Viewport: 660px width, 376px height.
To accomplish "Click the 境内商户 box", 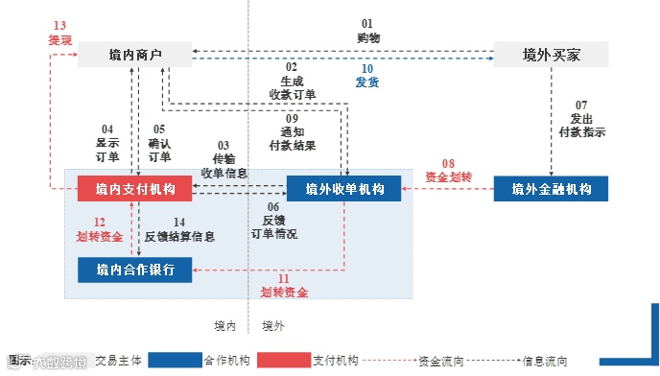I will pyautogui.click(x=134, y=54).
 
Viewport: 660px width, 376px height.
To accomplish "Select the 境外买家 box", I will pyautogui.click(x=551, y=54).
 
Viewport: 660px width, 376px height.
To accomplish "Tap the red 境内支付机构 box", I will pyautogui.click(x=134, y=189).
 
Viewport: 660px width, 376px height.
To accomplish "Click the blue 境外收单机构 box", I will pyautogui.click(x=343, y=189).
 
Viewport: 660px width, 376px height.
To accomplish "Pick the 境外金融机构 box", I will pyautogui.click(x=551, y=189).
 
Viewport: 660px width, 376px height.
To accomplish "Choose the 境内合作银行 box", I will pyautogui.click(x=134, y=270).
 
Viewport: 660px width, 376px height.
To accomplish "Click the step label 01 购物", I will pyautogui.click(x=366, y=30).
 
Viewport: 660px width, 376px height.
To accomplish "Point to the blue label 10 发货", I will pyautogui.click(x=366, y=75).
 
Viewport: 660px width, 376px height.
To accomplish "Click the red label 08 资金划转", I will pyautogui.click(x=448, y=170).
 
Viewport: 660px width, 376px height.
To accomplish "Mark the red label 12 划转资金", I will pyautogui.click(x=100, y=228).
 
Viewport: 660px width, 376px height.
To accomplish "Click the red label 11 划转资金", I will pyautogui.click(x=284, y=285).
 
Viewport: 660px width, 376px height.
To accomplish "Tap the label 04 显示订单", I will pyautogui.click(x=107, y=143).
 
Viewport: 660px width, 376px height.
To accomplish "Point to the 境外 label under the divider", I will pyautogui.click(x=273, y=326).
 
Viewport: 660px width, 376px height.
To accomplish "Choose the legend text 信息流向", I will pyautogui.click(x=546, y=362).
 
